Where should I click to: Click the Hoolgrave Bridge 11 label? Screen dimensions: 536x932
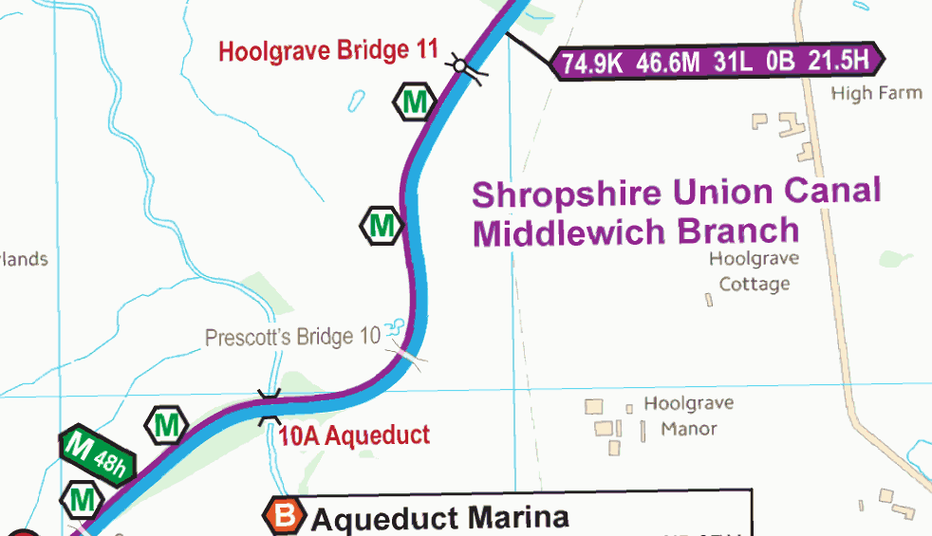click(327, 50)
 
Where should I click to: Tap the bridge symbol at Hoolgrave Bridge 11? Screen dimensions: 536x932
click(460, 65)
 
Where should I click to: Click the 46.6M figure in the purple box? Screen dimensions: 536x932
click(669, 64)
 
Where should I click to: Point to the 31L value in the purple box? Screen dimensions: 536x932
click(734, 63)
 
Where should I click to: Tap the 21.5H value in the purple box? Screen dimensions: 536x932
click(839, 62)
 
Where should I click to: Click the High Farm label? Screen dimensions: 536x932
click(876, 93)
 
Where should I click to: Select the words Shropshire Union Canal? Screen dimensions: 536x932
click(676, 193)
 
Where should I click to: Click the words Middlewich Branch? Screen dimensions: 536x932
click(636, 231)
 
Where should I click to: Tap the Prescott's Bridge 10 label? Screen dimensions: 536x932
click(292, 337)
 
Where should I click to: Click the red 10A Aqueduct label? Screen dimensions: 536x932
click(354, 435)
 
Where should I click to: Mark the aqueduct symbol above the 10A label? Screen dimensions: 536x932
click(270, 405)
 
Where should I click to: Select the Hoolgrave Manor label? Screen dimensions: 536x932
click(689, 416)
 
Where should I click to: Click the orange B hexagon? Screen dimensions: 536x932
click(285, 516)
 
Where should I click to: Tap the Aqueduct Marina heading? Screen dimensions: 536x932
click(440, 518)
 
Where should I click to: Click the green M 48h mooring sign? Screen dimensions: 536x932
click(97, 453)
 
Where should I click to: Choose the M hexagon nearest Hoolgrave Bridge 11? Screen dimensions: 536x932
click(415, 102)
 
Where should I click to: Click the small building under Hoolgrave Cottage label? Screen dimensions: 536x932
click(709, 300)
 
